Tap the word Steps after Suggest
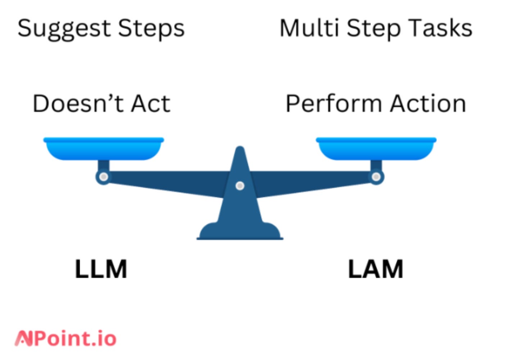(x=151, y=29)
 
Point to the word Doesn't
(x=77, y=104)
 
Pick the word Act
(x=150, y=104)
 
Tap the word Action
(x=428, y=104)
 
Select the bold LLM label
(x=101, y=269)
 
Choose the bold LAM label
(x=375, y=269)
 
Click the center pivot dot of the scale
(x=240, y=186)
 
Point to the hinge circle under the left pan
(x=103, y=177)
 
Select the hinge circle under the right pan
(x=376, y=177)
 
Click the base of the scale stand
(x=240, y=232)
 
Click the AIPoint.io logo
(x=65, y=338)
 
